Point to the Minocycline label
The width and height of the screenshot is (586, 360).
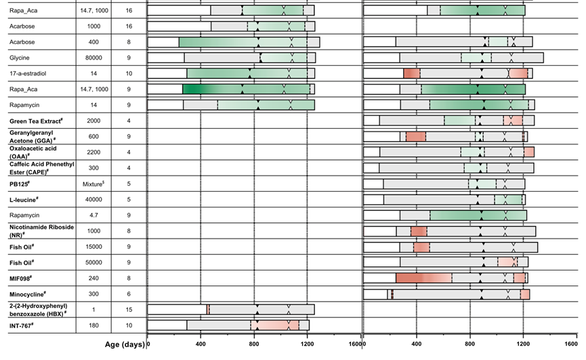point(28,294)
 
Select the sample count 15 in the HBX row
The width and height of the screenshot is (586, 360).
point(129,310)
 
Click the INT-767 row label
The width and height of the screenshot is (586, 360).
point(24,325)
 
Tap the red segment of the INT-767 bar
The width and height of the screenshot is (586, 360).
point(274,325)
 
